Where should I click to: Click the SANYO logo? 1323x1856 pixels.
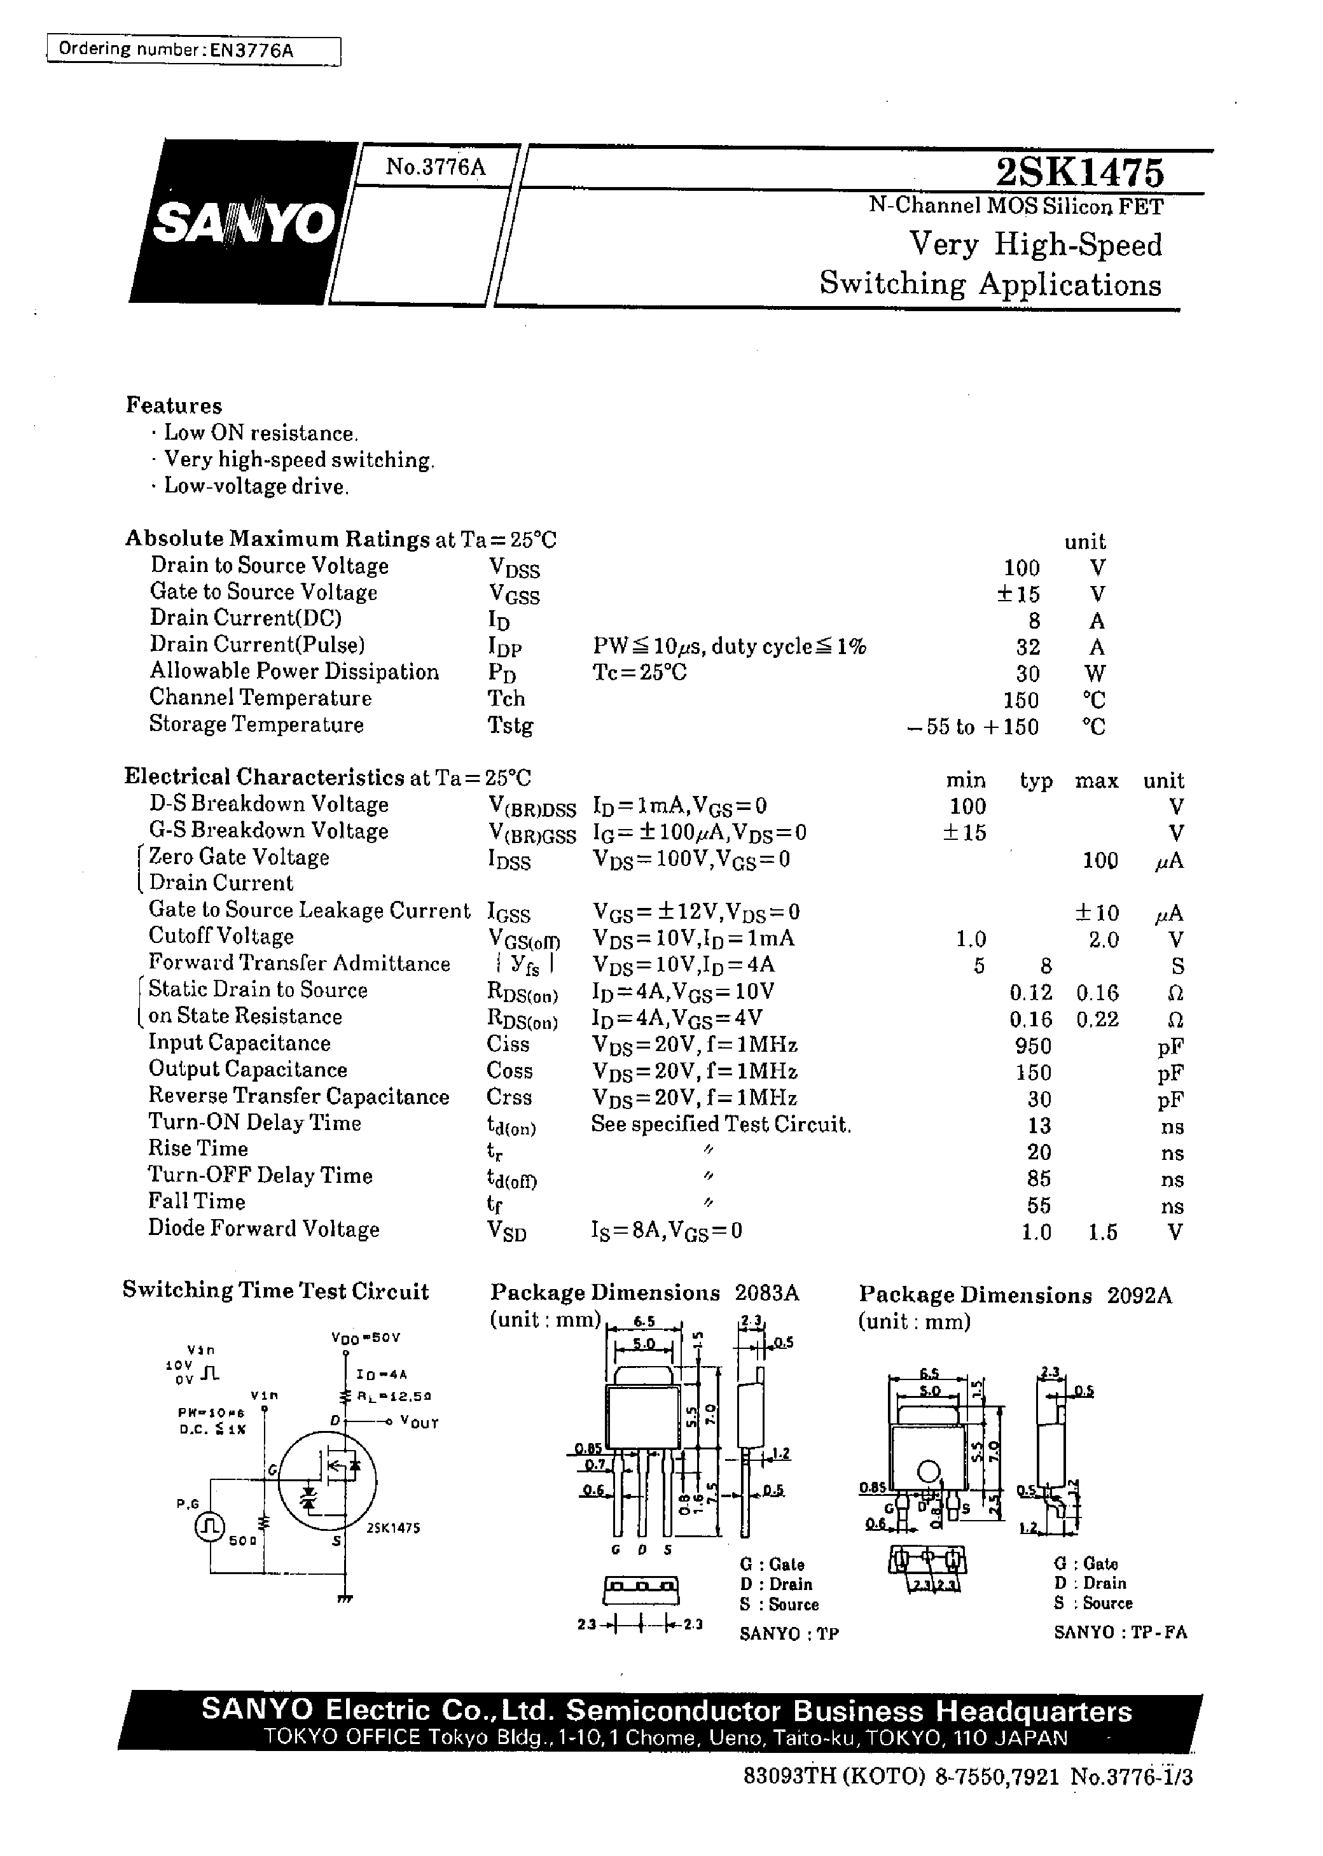(x=243, y=223)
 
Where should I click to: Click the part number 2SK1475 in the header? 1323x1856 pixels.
(x=1079, y=172)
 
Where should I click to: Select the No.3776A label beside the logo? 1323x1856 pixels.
(x=435, y=167)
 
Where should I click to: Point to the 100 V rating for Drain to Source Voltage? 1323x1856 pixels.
(x=1022, y=568)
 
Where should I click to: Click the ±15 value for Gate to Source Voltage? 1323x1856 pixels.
(x=1018, y=594)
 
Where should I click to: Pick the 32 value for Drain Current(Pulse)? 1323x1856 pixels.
(x=1027, y=647)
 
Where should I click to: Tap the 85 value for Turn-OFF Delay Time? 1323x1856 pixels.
(x=1039, y=1179)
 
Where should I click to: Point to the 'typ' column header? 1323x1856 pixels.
(x=1036, y=781)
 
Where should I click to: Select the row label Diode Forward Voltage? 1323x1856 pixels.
(x=263, y=1229)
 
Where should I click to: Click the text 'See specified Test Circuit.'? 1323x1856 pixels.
(x=721, y=1125)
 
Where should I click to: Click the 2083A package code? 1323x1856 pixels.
(x=766, y=1293)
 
